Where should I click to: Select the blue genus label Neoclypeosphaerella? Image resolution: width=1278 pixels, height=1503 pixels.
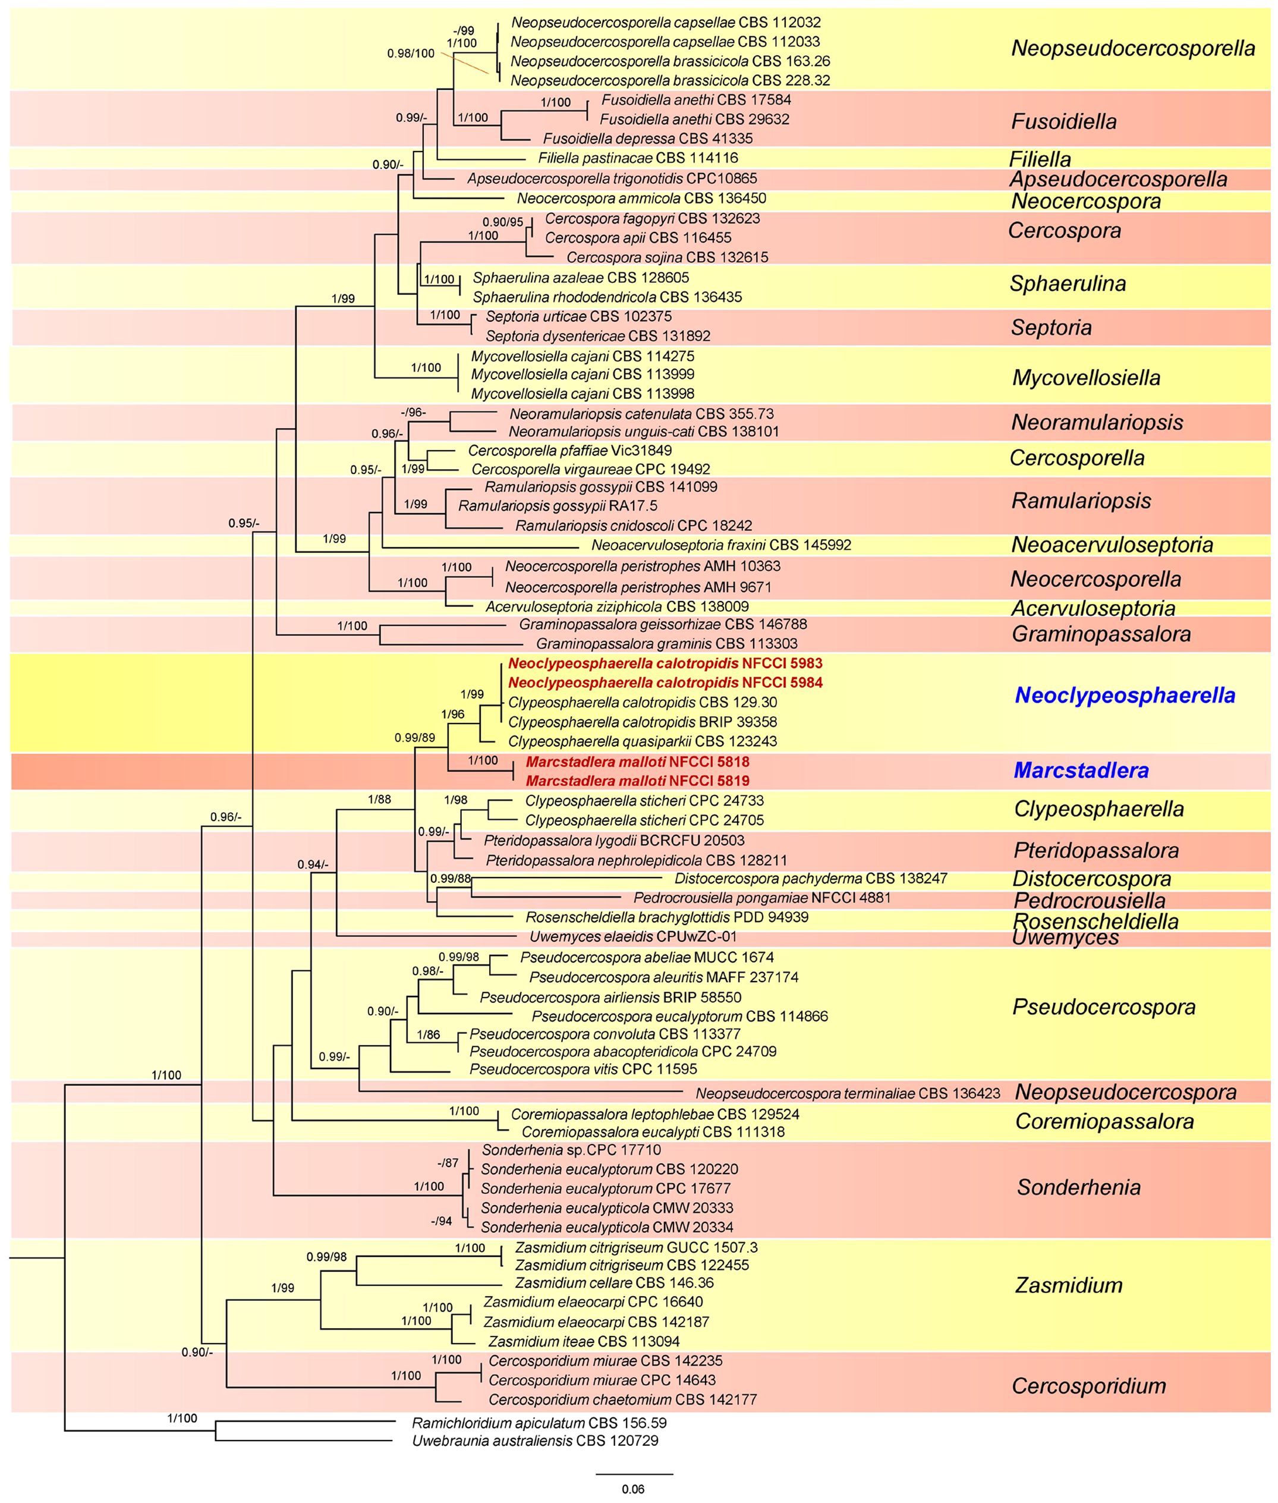pyautogui.click(x=1125, y=696)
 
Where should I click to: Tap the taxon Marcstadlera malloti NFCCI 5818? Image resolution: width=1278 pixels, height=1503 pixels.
pyautogui.click(x=638, y=762)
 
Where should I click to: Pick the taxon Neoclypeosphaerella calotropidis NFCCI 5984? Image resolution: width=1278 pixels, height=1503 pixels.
pyautogui.click(x=665, y=683)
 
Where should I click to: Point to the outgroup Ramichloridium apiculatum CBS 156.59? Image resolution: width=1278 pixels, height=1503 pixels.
pyautogui.click(x=539, y=1423)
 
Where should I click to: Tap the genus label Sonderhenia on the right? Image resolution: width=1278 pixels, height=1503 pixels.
pyautogui.click(x=1079, y=1187)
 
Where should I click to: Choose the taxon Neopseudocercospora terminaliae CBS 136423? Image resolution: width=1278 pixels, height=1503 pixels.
pyautogui.click(x=848, y=1093)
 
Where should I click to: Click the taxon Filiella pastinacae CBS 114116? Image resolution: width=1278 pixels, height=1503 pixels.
pyautogui.click(x=638, y=158)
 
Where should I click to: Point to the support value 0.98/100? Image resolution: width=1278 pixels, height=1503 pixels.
pyautogui.click(x=410, y=54)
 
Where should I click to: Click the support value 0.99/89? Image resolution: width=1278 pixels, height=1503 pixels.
pyautogui.click(x=414, y=738)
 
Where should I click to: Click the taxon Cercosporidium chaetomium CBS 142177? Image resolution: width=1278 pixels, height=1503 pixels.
pyautogui.click(x=622, y=1400)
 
